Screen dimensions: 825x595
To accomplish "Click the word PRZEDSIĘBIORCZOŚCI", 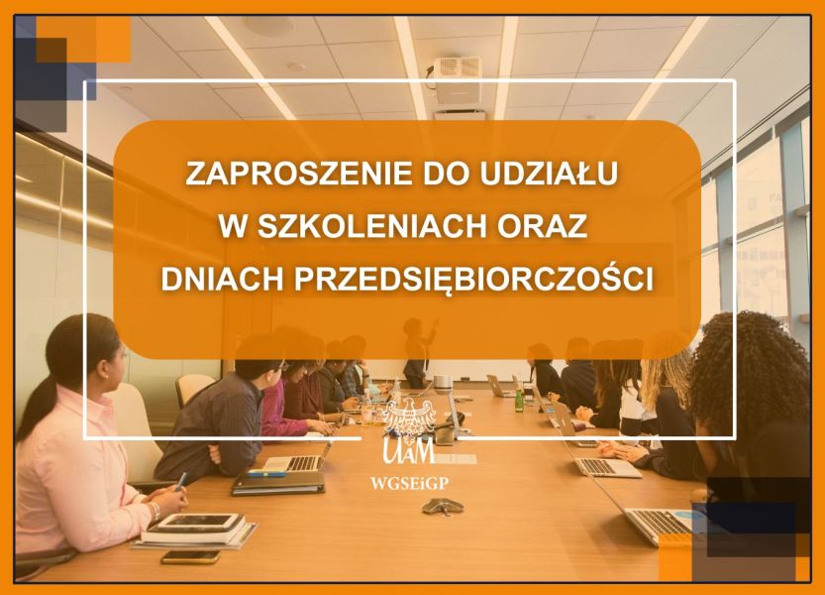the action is pos(473,280).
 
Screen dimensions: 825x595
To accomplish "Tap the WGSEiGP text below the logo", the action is pos(409,483).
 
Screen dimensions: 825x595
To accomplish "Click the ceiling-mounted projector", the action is pos(457,79).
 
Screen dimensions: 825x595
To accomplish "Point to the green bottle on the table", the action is pos(519,401).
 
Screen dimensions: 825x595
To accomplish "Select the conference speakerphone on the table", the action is pos(443,506).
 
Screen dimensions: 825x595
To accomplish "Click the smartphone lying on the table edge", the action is pos(190,557).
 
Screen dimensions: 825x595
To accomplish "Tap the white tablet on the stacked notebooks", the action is pos(198,521).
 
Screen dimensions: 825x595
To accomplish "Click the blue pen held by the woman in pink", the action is pos(180,481).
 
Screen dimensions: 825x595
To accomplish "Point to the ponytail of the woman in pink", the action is pos(38,405).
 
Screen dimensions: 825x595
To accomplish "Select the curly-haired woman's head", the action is pos(750,365).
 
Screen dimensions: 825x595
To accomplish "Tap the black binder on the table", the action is pos(278,482).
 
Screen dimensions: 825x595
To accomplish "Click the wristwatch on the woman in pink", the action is pos(155,510).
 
